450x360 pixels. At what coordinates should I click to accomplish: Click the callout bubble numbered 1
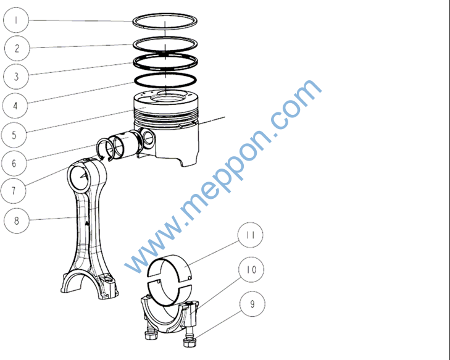[x=16, y=20]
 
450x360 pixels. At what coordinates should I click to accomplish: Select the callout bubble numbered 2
[x=17, y=48]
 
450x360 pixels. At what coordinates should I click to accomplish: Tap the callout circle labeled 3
[x=16, y=77]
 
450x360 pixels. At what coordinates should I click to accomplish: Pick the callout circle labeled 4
[x=15, y=106]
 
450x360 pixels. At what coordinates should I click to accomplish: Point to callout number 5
[x=14, y=135]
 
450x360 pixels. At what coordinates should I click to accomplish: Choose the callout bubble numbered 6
[x=14, y=163]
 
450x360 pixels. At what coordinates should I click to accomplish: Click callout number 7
[x=14, y=191]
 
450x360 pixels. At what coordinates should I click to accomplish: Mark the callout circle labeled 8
[x=17, y=221]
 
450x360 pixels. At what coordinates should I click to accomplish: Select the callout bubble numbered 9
[x=252, y=304]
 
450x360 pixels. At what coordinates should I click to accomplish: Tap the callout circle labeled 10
[x=251, y=270]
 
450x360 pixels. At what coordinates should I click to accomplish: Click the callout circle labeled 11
[x=251, y=235]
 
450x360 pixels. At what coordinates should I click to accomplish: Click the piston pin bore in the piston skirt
[x=148, y=138]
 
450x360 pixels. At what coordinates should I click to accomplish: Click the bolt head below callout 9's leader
[x=190, y=343]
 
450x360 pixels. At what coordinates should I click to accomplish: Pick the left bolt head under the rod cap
[x=151, y=335]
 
